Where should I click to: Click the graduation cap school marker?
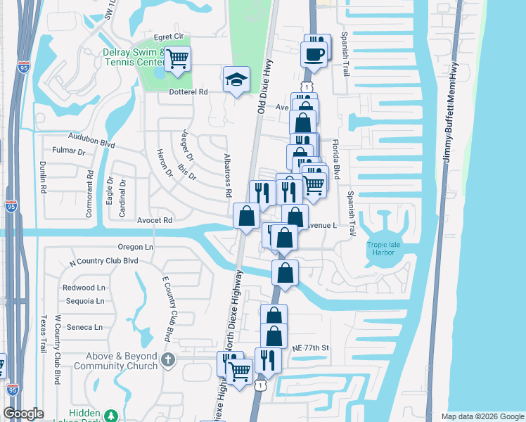click(x=237, y=79)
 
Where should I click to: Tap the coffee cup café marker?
click(x=313, y=53)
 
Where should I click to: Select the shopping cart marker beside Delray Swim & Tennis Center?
click(x=178, y=58)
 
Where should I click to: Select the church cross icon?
click(x=167, y=360)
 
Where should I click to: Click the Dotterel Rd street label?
click(x=189, y=91)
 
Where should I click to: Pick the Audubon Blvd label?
click(x=91, y=139)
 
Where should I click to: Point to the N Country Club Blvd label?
click(x=103, y=261)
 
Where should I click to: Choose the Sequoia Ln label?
click(x=84, y=301)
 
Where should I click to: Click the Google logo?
click(x=23, y=414)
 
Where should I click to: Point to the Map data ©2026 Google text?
click(x=482, y=416)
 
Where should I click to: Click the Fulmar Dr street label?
click(x=69, y=151)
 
